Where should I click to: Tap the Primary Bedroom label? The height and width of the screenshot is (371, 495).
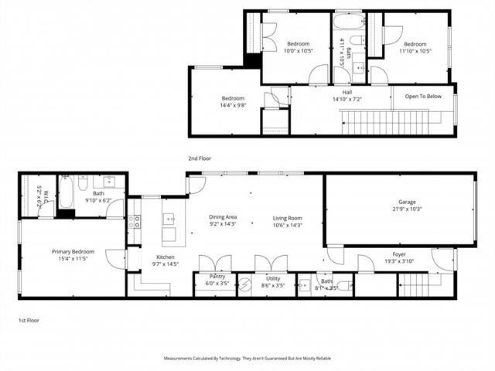point(73,252)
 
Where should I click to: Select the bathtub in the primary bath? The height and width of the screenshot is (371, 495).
point(66,192)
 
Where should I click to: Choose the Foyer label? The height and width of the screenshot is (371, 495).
point(399,254)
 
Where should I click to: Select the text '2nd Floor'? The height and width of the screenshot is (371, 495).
point(200,158)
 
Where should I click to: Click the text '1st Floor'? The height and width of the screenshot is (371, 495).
point(29,319)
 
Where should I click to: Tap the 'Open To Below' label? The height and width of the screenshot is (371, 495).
point(423,97)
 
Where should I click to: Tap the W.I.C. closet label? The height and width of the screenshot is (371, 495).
point(44,195)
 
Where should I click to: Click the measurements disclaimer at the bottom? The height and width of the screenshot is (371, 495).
point(247,359)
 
